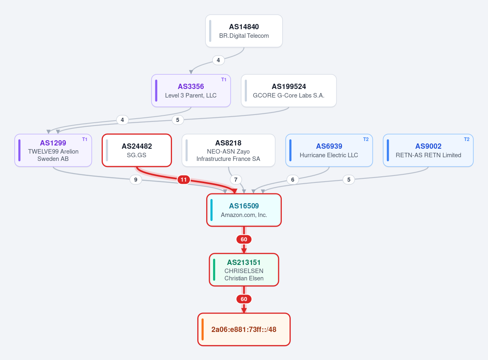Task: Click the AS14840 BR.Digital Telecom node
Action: point(244,31)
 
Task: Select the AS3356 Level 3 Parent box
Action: point(191,91)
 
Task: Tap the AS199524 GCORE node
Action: point(289,91)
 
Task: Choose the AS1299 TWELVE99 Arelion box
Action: point(53,150)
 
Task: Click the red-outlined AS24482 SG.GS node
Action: point(137,150)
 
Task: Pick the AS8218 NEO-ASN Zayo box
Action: point(229,150)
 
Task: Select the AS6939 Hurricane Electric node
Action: point(329,150)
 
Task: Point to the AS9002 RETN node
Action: point(428,150)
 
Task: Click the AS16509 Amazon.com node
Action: point(244,210)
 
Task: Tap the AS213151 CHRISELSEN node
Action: point(244,270)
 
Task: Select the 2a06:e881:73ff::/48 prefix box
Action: point(244,330)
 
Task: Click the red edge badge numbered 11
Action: point(184,180)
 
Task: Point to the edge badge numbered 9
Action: point(136,180)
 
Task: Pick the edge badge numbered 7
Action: point(236,180)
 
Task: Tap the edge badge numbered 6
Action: point(293,180)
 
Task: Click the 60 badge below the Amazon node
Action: point(244,239)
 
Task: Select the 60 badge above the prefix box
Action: point(244,299)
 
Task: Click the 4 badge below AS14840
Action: point(218,60)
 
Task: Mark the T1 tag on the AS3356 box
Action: point(224,80)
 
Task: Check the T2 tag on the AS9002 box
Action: point(467,139)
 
